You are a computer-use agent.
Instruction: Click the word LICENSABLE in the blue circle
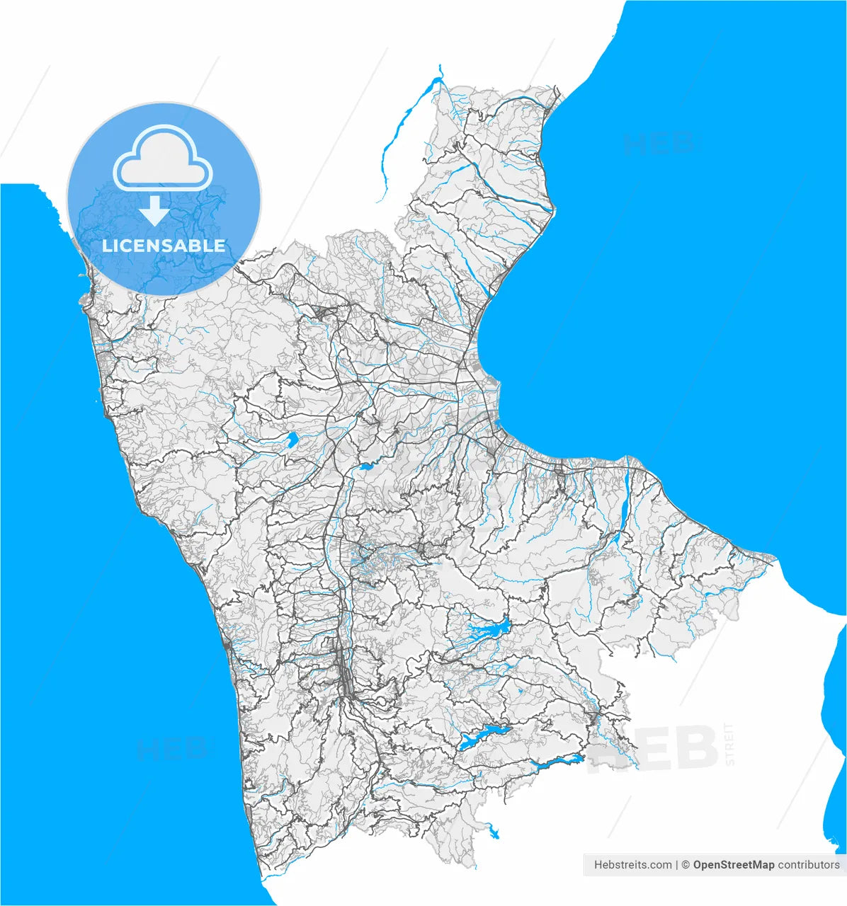(x=164, y=246)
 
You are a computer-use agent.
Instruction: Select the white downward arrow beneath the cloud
(x=154, y=210)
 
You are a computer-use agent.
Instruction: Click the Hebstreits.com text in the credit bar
(x=633, y=865)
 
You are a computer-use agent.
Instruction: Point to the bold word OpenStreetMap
(x=734, y=865)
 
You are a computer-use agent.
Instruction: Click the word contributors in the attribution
(x=808, y=865)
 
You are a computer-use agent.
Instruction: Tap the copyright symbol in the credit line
(x=685, y=865)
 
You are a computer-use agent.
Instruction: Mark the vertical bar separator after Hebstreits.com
(x=677, y=865)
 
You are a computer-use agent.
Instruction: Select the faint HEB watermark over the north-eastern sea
(x=658, y=143)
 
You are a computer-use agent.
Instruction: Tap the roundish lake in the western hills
(x=290, y=440)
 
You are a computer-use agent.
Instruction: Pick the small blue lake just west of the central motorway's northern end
(x=365, y=466)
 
